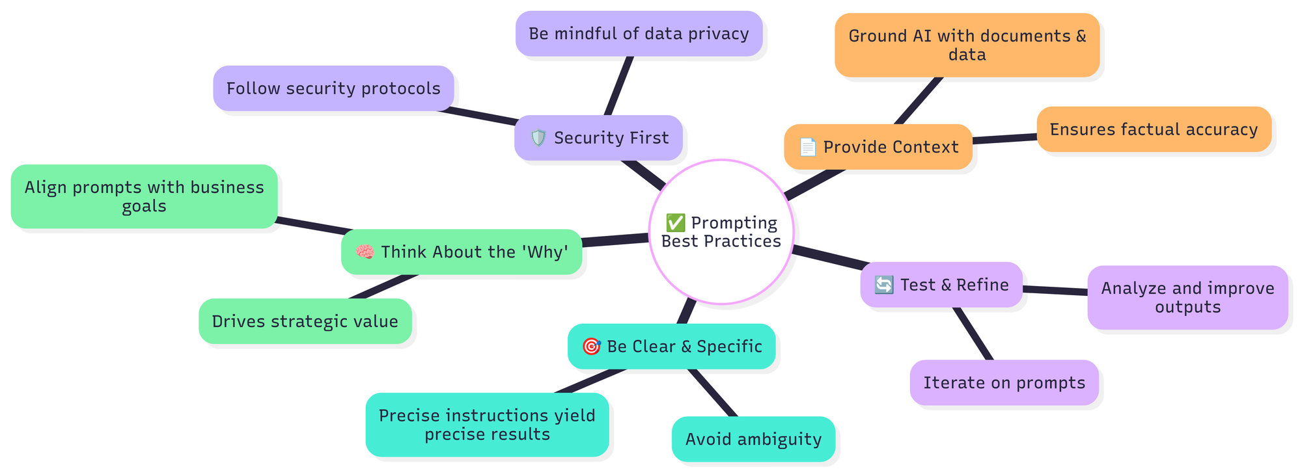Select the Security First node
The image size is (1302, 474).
pyautogui.click(x=598, y=138)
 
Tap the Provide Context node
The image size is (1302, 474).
pyautogui.click(x=878, y=147)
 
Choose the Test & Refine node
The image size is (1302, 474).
pyautogui.click(x=941, y=285)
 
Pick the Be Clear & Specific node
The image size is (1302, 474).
pyautogui.click(x=671, y=347)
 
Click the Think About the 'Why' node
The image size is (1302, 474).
pyautogui.click(x=462, y=252)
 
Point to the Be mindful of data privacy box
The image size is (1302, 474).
pyautogui.click(x=639, y=34)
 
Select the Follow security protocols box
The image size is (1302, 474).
pyautogui.click(x=333, y=88)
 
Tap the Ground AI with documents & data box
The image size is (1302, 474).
pyautogui.click(x=967, y=46)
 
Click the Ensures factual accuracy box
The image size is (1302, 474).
pyautogui.click(x=1154, y=129)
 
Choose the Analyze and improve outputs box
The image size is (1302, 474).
pyautogui.click(x=1187, y=297)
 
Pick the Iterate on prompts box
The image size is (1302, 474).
pyautogui.click(x=1004, y=382)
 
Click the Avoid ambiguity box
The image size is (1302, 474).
pyautogui.click(x=753, y=440)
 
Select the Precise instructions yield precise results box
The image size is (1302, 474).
pyautogui.click(x=487, y=425)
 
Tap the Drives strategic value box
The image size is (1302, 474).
pyautogui.click(x=305, y=321)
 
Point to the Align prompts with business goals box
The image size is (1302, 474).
pyautogui.click(x=144, y=196)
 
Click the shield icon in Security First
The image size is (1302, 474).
pyautogui.click(x=538, y=138)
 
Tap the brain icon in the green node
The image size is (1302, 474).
pyautogui.click(x=365, y=252)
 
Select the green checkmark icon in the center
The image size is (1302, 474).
pyautogui.click(x=675, y=223)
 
